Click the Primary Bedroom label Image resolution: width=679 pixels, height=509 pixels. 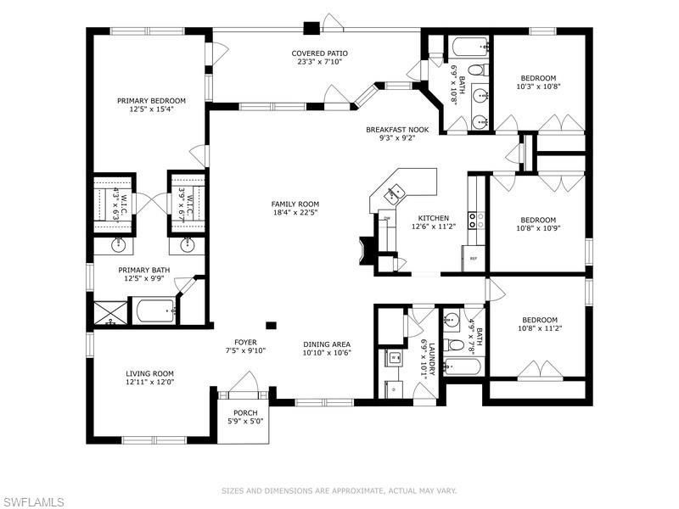[151, 100]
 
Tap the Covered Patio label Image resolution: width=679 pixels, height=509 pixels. [321, 53]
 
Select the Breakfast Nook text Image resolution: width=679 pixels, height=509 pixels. [396, 130]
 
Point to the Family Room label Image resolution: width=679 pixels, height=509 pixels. [295, 204]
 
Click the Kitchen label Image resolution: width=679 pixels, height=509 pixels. [433, 218]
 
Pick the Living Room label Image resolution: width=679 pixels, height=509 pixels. [149, 373]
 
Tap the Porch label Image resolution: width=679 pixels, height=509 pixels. [245, 413]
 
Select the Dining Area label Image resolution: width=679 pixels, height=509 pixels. [327, 344]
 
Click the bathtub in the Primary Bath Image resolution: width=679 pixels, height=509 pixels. [152, 310]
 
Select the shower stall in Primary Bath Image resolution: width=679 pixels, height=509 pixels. [109, 311]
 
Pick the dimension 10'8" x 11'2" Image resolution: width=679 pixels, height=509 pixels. [542, 327]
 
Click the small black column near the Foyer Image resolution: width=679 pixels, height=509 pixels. [271, 324]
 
